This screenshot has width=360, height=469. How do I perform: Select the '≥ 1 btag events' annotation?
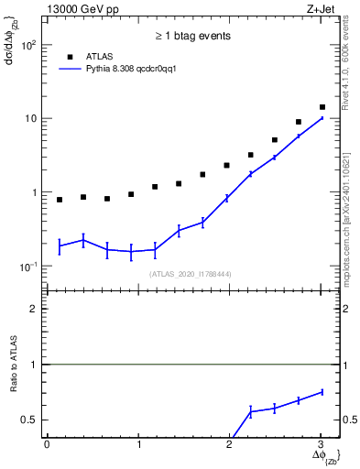pyautogui.click(x=191, y=36)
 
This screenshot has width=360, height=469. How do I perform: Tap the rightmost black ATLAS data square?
pyautogui.click(x=322, y=107)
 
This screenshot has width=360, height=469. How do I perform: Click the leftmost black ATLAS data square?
pyautogui.click(x=60, y=200)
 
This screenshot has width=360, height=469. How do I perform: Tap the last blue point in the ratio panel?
pyautogui.click(x=322, y=392)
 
